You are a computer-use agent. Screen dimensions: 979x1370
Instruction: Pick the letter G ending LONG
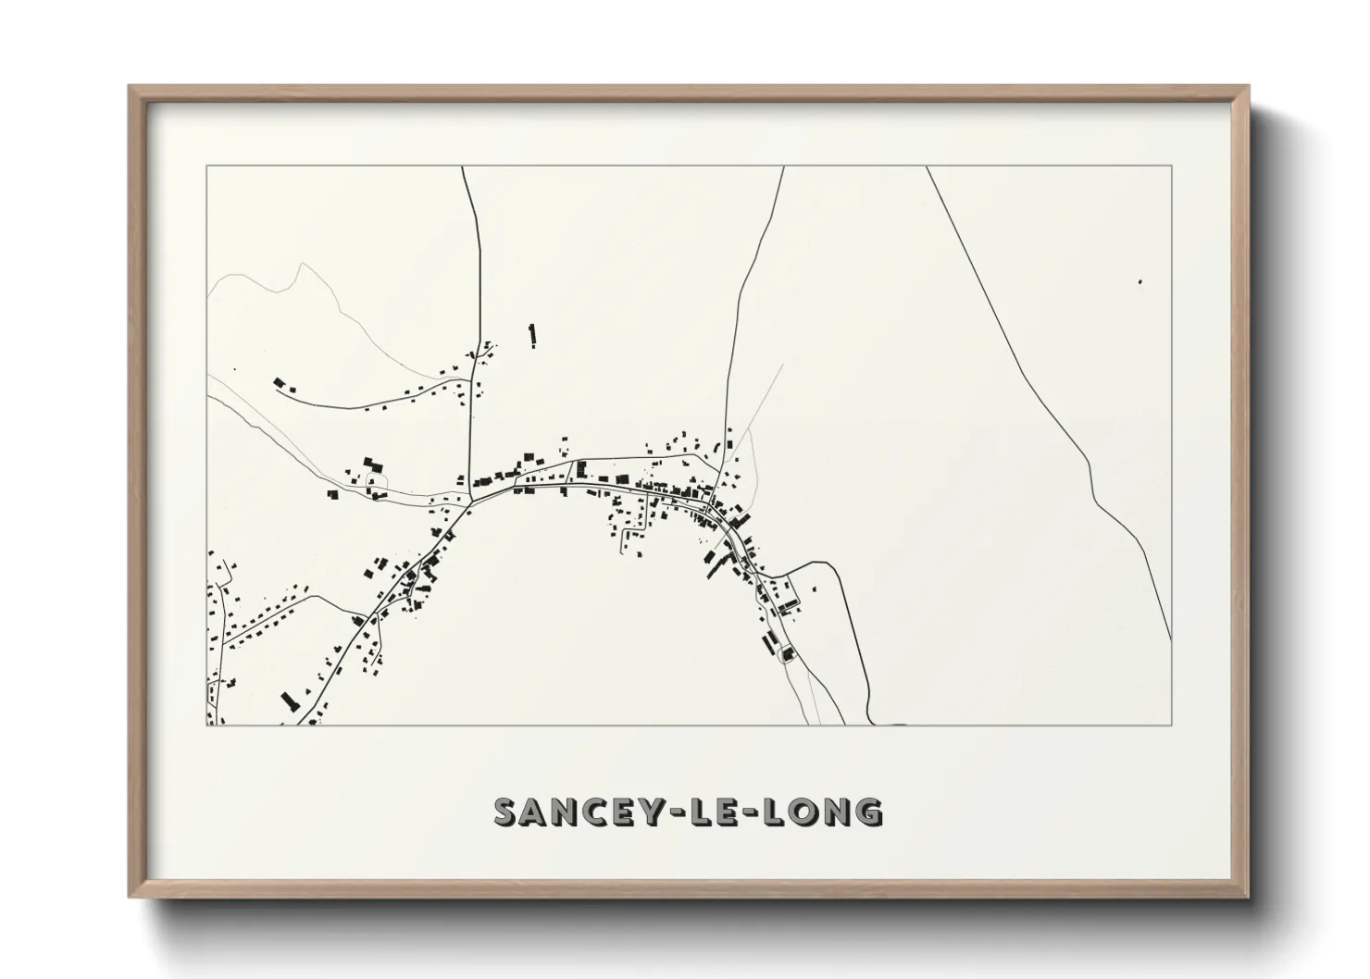point(868,812)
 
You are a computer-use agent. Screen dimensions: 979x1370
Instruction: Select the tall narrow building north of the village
point(531,334)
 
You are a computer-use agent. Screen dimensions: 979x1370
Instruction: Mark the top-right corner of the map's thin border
point(1171,167)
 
